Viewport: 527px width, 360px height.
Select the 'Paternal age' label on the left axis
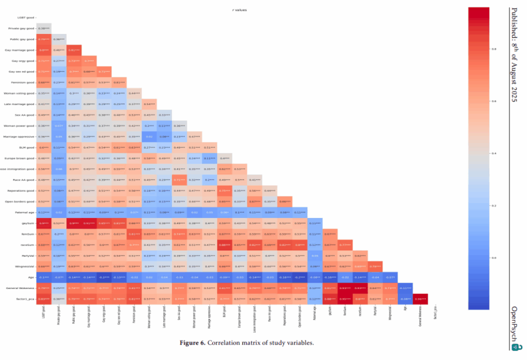[x=22, y=211]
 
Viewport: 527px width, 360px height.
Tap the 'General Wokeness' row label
[x=20, y=288]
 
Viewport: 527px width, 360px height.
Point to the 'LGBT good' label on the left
[x=24, y=18]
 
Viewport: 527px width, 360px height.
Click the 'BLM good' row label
[x=25, y=147]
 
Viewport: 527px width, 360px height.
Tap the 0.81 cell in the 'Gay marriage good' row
[x=74, y=50]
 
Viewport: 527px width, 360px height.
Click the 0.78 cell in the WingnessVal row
[x=375, y=266]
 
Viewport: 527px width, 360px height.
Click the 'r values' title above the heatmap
[x=240, y=10]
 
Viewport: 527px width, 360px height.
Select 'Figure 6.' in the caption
[x=193, y=343]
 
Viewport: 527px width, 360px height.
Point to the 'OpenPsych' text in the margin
[x=515, y=322]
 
